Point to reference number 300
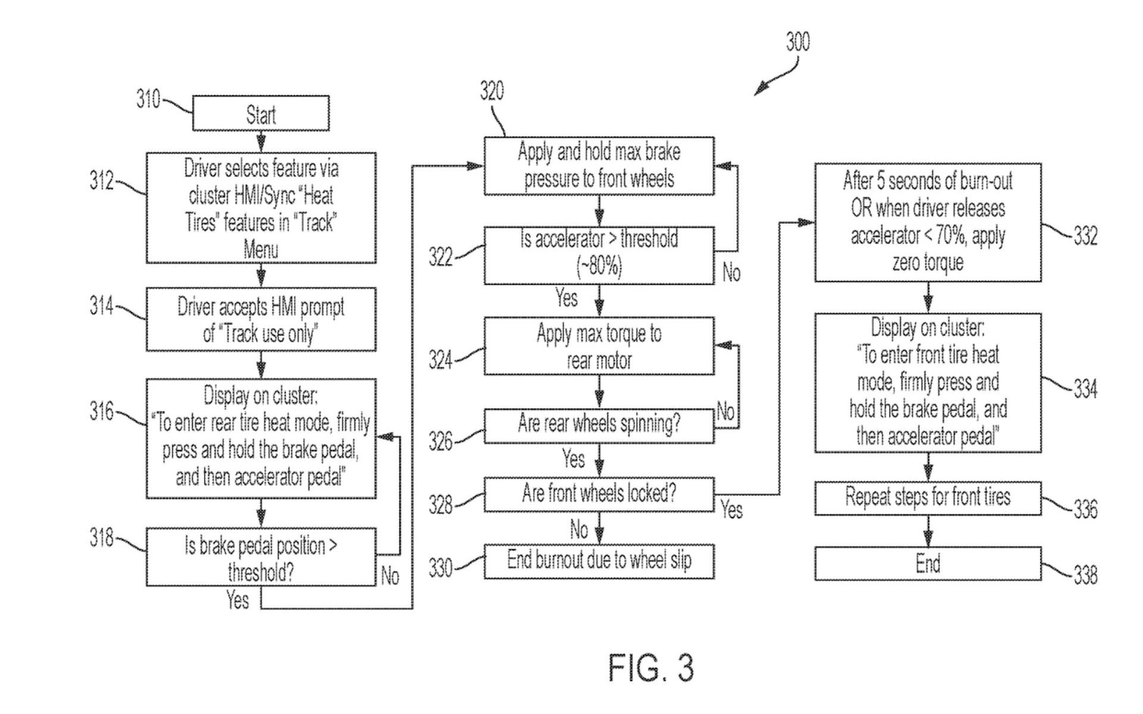pyautogui.click(x=798, y=42)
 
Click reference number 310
pyautogui.click(x=148, y=99)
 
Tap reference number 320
pyautogui.click(x=492, y=90)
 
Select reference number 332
pyautogui.click(x=1085, y=236)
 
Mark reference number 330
pyautogui.click(x=441, y=568)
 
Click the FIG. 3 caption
pyautogui.click(x=651, y=668)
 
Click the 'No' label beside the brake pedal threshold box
pyautogui.click(x=390, y=575)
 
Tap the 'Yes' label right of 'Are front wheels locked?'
pyautogui.click(x=732, y=509)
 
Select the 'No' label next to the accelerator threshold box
pyautogui.click(x=731, y=273)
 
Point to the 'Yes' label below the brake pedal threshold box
pyautogui.click(x=238, y=600)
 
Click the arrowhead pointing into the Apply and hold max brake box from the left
pyautogui.click(x=476, y=166)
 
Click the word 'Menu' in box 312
pyautogui.click(x=261, y=249)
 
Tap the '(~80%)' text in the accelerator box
pyautogui.click(x=599, y=266)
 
